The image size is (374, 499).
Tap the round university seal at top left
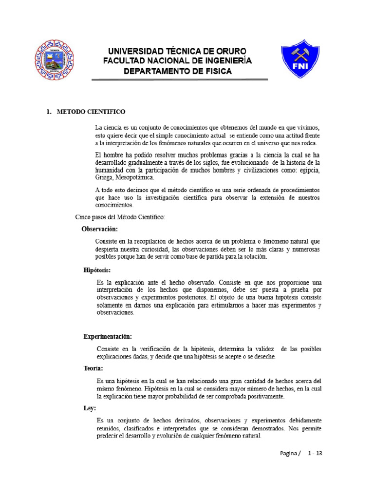[54, 60]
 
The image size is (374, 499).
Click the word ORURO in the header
[228, 51]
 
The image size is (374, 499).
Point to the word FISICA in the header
[215, 71]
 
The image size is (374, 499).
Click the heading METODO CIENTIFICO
[91, 112]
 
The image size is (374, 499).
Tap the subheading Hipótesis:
[97, 269]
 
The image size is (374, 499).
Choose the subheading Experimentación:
[108, 336]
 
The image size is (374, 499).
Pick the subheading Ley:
[90, 408]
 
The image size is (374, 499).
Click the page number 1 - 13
[315, 453]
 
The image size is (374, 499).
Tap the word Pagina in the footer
[290, 453]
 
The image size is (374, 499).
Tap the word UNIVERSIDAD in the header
[134, 51]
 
